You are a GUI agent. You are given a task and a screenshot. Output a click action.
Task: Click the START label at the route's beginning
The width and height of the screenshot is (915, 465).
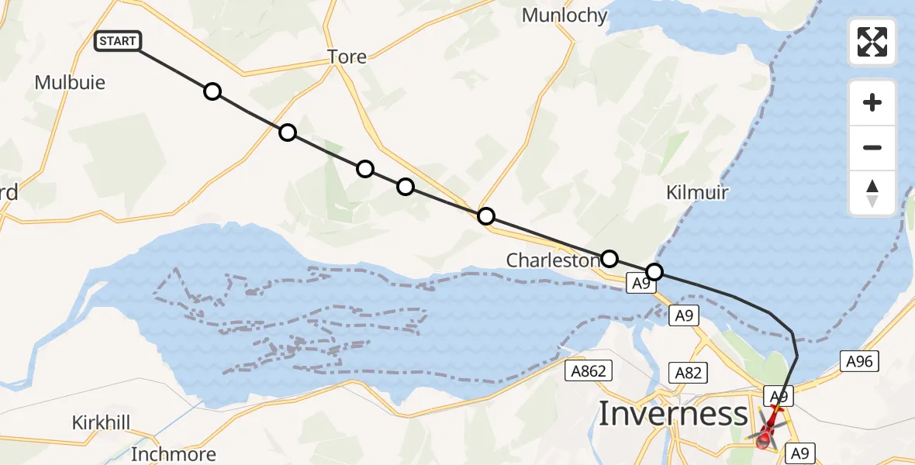118,41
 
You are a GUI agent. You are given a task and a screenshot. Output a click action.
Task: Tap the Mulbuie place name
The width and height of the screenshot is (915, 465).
70,82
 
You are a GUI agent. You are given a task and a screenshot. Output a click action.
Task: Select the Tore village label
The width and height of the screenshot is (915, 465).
347,57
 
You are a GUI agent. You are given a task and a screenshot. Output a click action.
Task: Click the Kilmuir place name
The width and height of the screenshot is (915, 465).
697,192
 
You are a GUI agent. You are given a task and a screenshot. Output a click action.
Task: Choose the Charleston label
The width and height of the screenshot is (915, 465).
554,260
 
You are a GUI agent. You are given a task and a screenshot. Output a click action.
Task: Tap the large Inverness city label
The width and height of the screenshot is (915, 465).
673,414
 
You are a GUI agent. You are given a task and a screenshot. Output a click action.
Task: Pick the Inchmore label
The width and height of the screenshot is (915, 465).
174,453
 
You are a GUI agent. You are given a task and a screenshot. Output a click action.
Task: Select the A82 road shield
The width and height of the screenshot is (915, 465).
688,374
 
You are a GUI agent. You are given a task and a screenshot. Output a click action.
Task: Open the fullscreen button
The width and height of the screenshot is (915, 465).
872,42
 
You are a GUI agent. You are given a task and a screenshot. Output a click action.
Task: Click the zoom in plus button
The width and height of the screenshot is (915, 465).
872,102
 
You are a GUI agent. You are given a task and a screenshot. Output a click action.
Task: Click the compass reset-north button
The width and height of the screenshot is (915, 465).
872,193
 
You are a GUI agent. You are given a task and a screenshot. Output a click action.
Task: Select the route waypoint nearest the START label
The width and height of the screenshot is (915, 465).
212,92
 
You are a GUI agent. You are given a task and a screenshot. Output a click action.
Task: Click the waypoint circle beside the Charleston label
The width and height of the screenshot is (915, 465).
609,258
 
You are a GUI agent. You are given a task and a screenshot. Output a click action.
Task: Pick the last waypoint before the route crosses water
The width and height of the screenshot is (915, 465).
654,271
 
